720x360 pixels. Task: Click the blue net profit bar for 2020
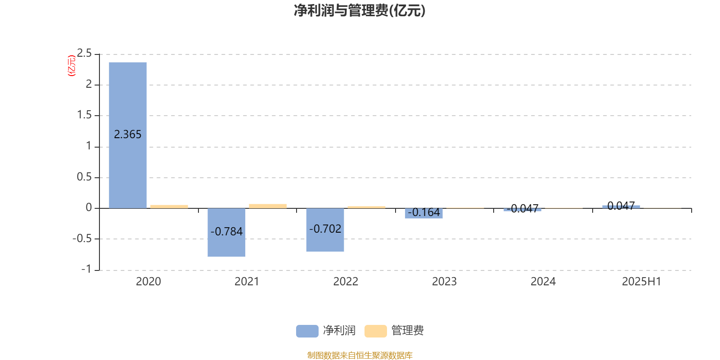tap(128, 135)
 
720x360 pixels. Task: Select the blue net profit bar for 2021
tap(226, 232)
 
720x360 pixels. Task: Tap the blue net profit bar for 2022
tap(325, 230)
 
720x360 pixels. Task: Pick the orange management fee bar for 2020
tap(169, 207)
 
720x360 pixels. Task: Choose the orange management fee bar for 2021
tap(268, 206)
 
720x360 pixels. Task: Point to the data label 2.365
tap(128, 135)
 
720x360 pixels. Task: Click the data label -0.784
tap(227, 231)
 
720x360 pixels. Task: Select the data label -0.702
tap(325, 229)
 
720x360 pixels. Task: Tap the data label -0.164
tap(424, 212)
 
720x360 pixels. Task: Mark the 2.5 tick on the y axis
tap(84, 53)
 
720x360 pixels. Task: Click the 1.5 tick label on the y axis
tap(84, 115)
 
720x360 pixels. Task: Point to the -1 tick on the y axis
tap(86, 269)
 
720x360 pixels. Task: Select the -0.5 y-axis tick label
tap(82, 238)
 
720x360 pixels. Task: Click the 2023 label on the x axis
tap(444, 282)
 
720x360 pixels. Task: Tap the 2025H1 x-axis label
tap(642, 282)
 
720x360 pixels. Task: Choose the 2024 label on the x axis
tap(543, 282)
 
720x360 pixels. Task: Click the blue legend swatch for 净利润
tap(307, 331)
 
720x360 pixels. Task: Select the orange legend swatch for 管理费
tap(375, 331)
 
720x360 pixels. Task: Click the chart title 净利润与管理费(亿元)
tap(360, 11)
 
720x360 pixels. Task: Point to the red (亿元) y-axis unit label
tap(72, 66)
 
